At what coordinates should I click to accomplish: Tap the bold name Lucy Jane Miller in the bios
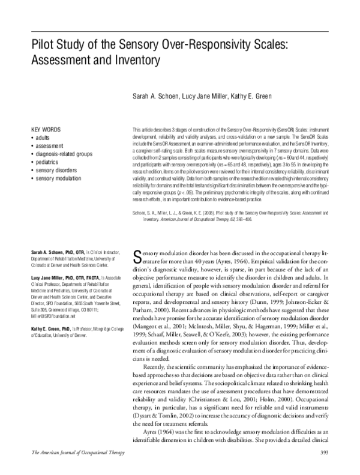coord(52,295)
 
